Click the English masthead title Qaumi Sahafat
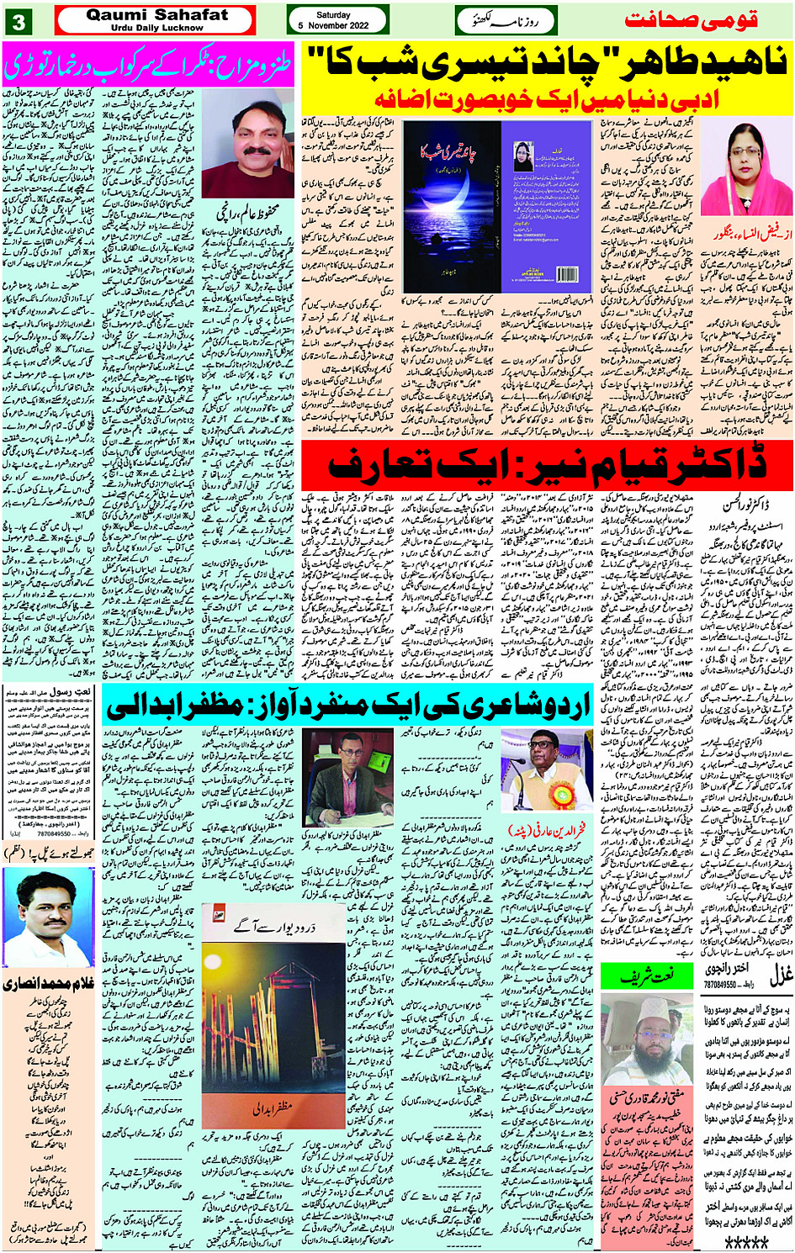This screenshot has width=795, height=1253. click(156, 14)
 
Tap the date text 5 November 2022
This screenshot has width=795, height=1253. click(333, 26)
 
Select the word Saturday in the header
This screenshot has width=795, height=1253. click(333, 15)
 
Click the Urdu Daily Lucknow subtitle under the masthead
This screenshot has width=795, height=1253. click(156, 28)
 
